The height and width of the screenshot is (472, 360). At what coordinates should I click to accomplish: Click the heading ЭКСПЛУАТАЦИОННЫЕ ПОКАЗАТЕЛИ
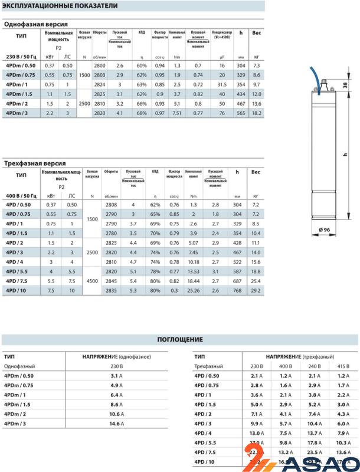[56, 6]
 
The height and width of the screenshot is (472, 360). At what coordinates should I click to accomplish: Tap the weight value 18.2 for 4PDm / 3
[256, 112]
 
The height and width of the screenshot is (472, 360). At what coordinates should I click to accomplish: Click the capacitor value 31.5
[222, 85]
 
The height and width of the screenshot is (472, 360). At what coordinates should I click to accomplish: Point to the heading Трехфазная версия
[35, 163]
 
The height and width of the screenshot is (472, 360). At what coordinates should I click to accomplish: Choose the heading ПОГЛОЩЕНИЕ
[179, 340]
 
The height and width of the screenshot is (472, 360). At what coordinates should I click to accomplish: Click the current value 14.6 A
[116, 424]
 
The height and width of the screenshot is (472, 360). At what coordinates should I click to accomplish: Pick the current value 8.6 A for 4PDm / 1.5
[116, 404]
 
